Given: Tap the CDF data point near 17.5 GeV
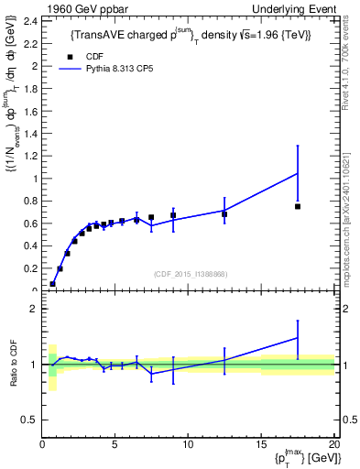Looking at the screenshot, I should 298,206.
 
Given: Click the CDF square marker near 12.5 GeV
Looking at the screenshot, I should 224,214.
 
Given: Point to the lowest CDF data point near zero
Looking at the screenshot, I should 52,284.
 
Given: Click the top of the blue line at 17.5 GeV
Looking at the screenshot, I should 298,173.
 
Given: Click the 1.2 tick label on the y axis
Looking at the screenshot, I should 33,156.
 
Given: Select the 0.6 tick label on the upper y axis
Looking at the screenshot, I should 33,224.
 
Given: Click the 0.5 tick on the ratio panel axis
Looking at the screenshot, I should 33,420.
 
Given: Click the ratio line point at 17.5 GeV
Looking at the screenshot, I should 298,338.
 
